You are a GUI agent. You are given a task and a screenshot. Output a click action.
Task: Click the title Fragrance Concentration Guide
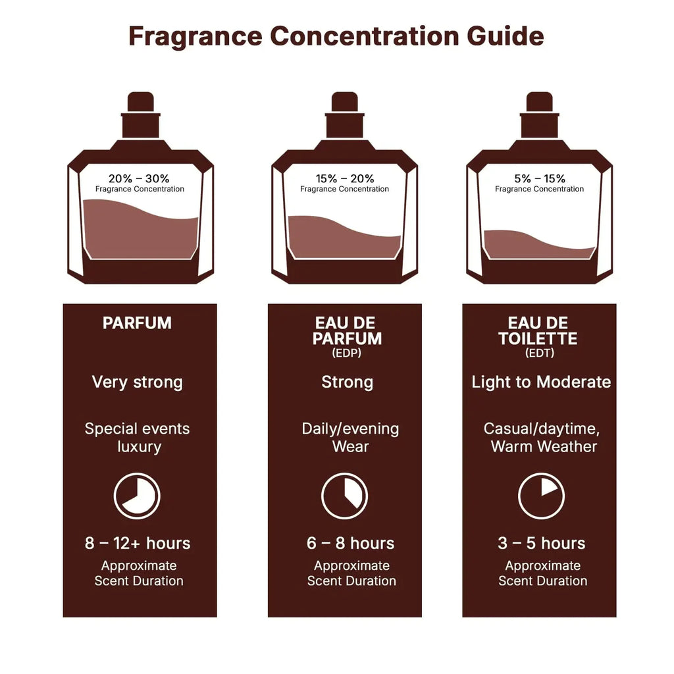click(336, 36)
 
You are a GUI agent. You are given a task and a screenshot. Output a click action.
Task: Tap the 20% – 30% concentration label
click(139, 178)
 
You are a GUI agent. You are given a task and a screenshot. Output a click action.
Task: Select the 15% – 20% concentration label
click(344, 178)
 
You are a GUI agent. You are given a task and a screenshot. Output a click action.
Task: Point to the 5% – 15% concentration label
click(539, 178)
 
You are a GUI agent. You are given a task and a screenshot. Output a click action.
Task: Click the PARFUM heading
click(137, 323)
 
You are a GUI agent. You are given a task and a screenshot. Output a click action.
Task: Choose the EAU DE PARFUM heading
click(347, 330)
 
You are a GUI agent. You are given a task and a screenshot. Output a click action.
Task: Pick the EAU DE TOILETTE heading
click(538, 330)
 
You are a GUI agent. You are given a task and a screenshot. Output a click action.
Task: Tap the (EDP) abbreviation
click(347, 353)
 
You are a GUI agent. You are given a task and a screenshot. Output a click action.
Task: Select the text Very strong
click(137, 382)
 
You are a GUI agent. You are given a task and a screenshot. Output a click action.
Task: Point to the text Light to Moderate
click(541, 382)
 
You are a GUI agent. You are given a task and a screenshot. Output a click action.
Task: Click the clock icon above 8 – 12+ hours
click(137, 496)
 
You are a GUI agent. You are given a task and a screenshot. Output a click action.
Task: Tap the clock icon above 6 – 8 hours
click(344, 496)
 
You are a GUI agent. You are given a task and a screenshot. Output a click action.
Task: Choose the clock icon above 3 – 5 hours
click(541, 496)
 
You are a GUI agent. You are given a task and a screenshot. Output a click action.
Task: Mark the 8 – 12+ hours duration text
click(138, 544)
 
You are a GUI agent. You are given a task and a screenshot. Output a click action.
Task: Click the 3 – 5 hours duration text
click(542, 544)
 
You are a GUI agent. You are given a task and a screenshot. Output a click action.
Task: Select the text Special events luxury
click(137, 438)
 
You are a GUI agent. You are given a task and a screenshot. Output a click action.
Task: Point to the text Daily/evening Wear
click(350, 438)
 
